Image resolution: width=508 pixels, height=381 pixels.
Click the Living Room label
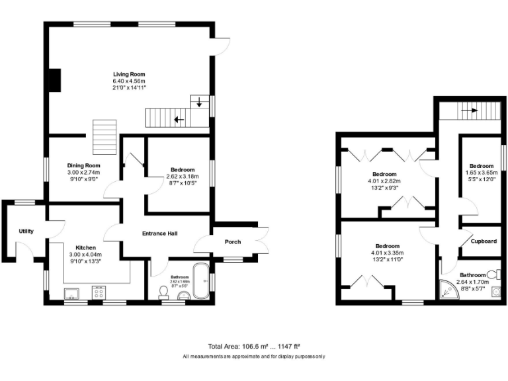click(129, 74)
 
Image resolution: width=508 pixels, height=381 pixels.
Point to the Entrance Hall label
click(162, 233)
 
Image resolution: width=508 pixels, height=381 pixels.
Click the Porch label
click(233, 241)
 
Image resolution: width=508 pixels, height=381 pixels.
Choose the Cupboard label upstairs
click(484, 241)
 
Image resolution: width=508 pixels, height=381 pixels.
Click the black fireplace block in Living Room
click(54, 80)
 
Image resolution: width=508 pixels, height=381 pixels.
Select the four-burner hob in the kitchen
click(100, 291)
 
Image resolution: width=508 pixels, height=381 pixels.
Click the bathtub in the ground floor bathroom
click(200, 282)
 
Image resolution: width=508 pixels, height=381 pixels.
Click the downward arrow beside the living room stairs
click(199, 103)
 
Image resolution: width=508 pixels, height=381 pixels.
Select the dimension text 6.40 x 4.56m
click(129, 81)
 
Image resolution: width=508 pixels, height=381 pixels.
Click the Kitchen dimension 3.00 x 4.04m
click(86, 254)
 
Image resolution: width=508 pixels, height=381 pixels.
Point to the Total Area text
click(254, 346)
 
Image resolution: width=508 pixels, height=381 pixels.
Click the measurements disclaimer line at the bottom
click(254, 357)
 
